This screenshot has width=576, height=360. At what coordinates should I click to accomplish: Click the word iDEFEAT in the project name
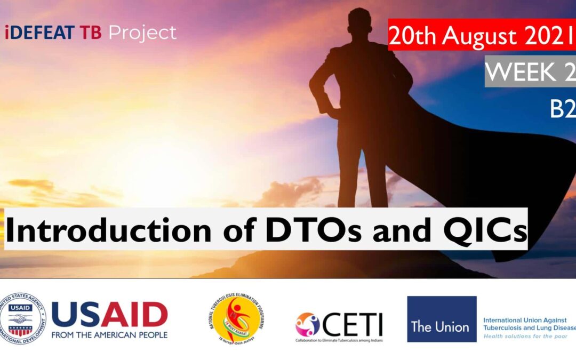(39, 33)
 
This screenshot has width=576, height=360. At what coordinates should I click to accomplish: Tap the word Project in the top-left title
(142, 33)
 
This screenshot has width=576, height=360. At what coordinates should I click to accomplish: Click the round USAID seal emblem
(23, 319)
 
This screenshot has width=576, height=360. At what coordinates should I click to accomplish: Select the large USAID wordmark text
(109, 315)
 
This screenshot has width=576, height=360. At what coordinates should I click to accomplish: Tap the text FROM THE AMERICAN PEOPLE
(109, 335)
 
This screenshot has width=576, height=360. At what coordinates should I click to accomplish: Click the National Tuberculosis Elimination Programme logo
(237, 319)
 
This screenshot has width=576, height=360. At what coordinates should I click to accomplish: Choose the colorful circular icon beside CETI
(308, 324)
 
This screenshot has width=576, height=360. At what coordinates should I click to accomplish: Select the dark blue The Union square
(442, 319)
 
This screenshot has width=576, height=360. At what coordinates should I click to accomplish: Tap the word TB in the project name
(92, 33)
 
